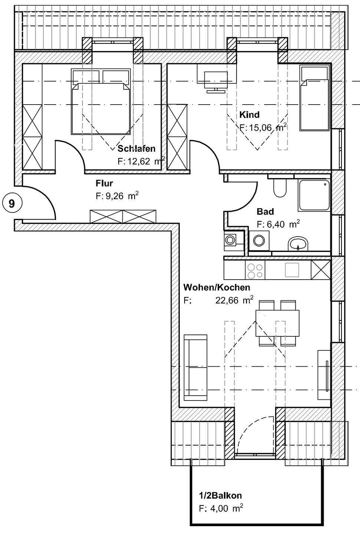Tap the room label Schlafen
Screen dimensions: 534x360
coord(136,149)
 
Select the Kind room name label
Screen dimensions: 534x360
coord(249,114)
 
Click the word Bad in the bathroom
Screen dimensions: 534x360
coord(265,212)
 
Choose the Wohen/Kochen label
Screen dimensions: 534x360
coord(217,287)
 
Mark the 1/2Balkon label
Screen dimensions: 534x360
coord(220,495)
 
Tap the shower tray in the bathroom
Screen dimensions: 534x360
coord(313,196)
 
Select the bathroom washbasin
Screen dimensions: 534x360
coord(298,244)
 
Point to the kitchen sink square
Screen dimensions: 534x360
coord(292,270)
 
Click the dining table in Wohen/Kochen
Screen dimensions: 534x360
coord(277,323)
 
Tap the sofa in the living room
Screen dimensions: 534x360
coord(195,367)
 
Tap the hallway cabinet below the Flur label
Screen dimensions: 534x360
coord(123,216)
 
